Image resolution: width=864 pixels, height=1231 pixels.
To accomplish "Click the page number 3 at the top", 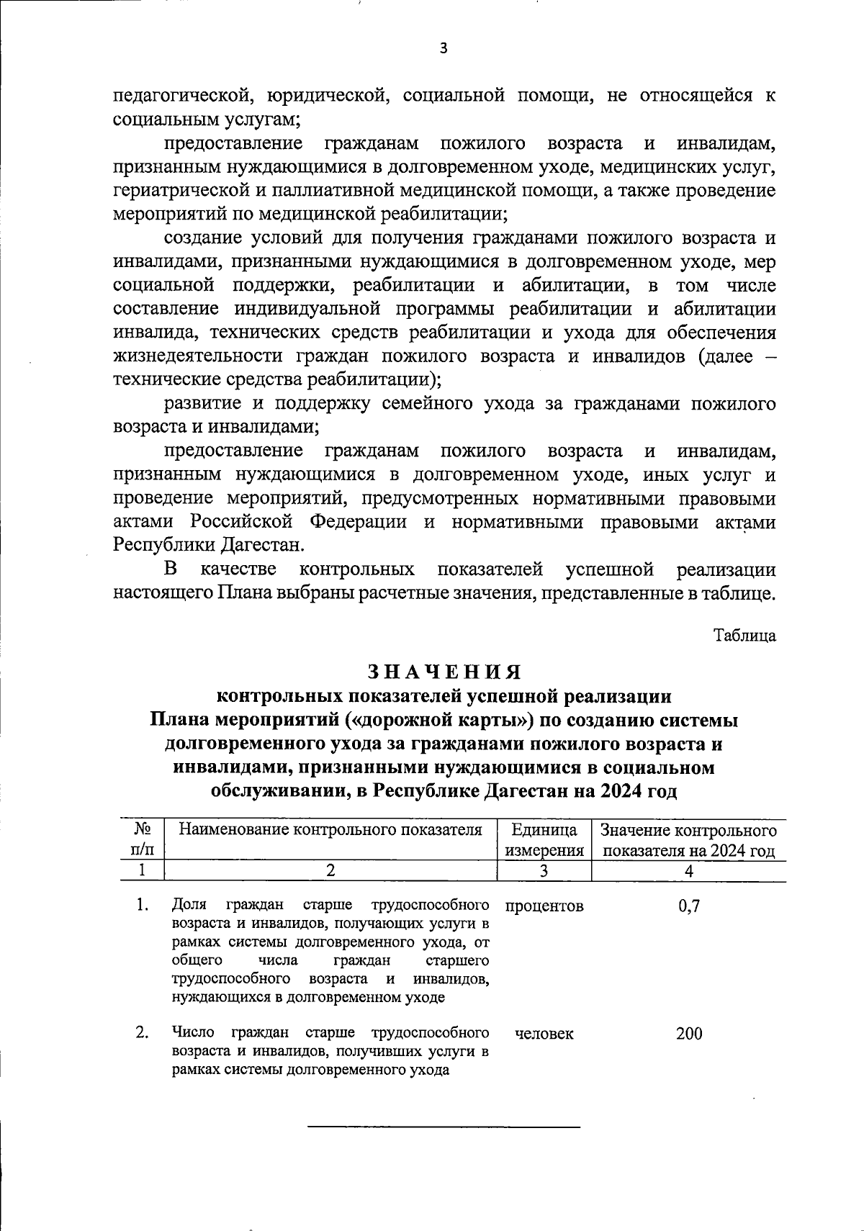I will (444, 48).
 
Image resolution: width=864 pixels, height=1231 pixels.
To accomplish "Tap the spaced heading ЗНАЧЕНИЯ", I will (444, 672).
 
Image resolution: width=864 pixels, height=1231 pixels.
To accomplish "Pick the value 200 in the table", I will (689, 1034).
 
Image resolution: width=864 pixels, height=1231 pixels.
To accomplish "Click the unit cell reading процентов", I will (545, 906).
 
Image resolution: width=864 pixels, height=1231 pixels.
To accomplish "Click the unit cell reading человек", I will (545, 1034).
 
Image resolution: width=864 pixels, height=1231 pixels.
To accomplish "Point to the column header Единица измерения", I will (545, 841).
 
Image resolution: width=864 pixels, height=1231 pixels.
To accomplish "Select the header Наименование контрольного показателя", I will (330, 830).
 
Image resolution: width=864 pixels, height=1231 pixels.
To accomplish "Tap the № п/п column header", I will (142, 840).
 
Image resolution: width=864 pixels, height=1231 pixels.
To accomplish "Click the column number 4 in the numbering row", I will (689, 871).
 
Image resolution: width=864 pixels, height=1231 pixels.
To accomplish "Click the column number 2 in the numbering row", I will (330, 871).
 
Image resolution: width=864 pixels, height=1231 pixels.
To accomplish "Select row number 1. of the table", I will (143, 905).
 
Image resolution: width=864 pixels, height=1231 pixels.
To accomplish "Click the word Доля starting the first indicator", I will (189, 905).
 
